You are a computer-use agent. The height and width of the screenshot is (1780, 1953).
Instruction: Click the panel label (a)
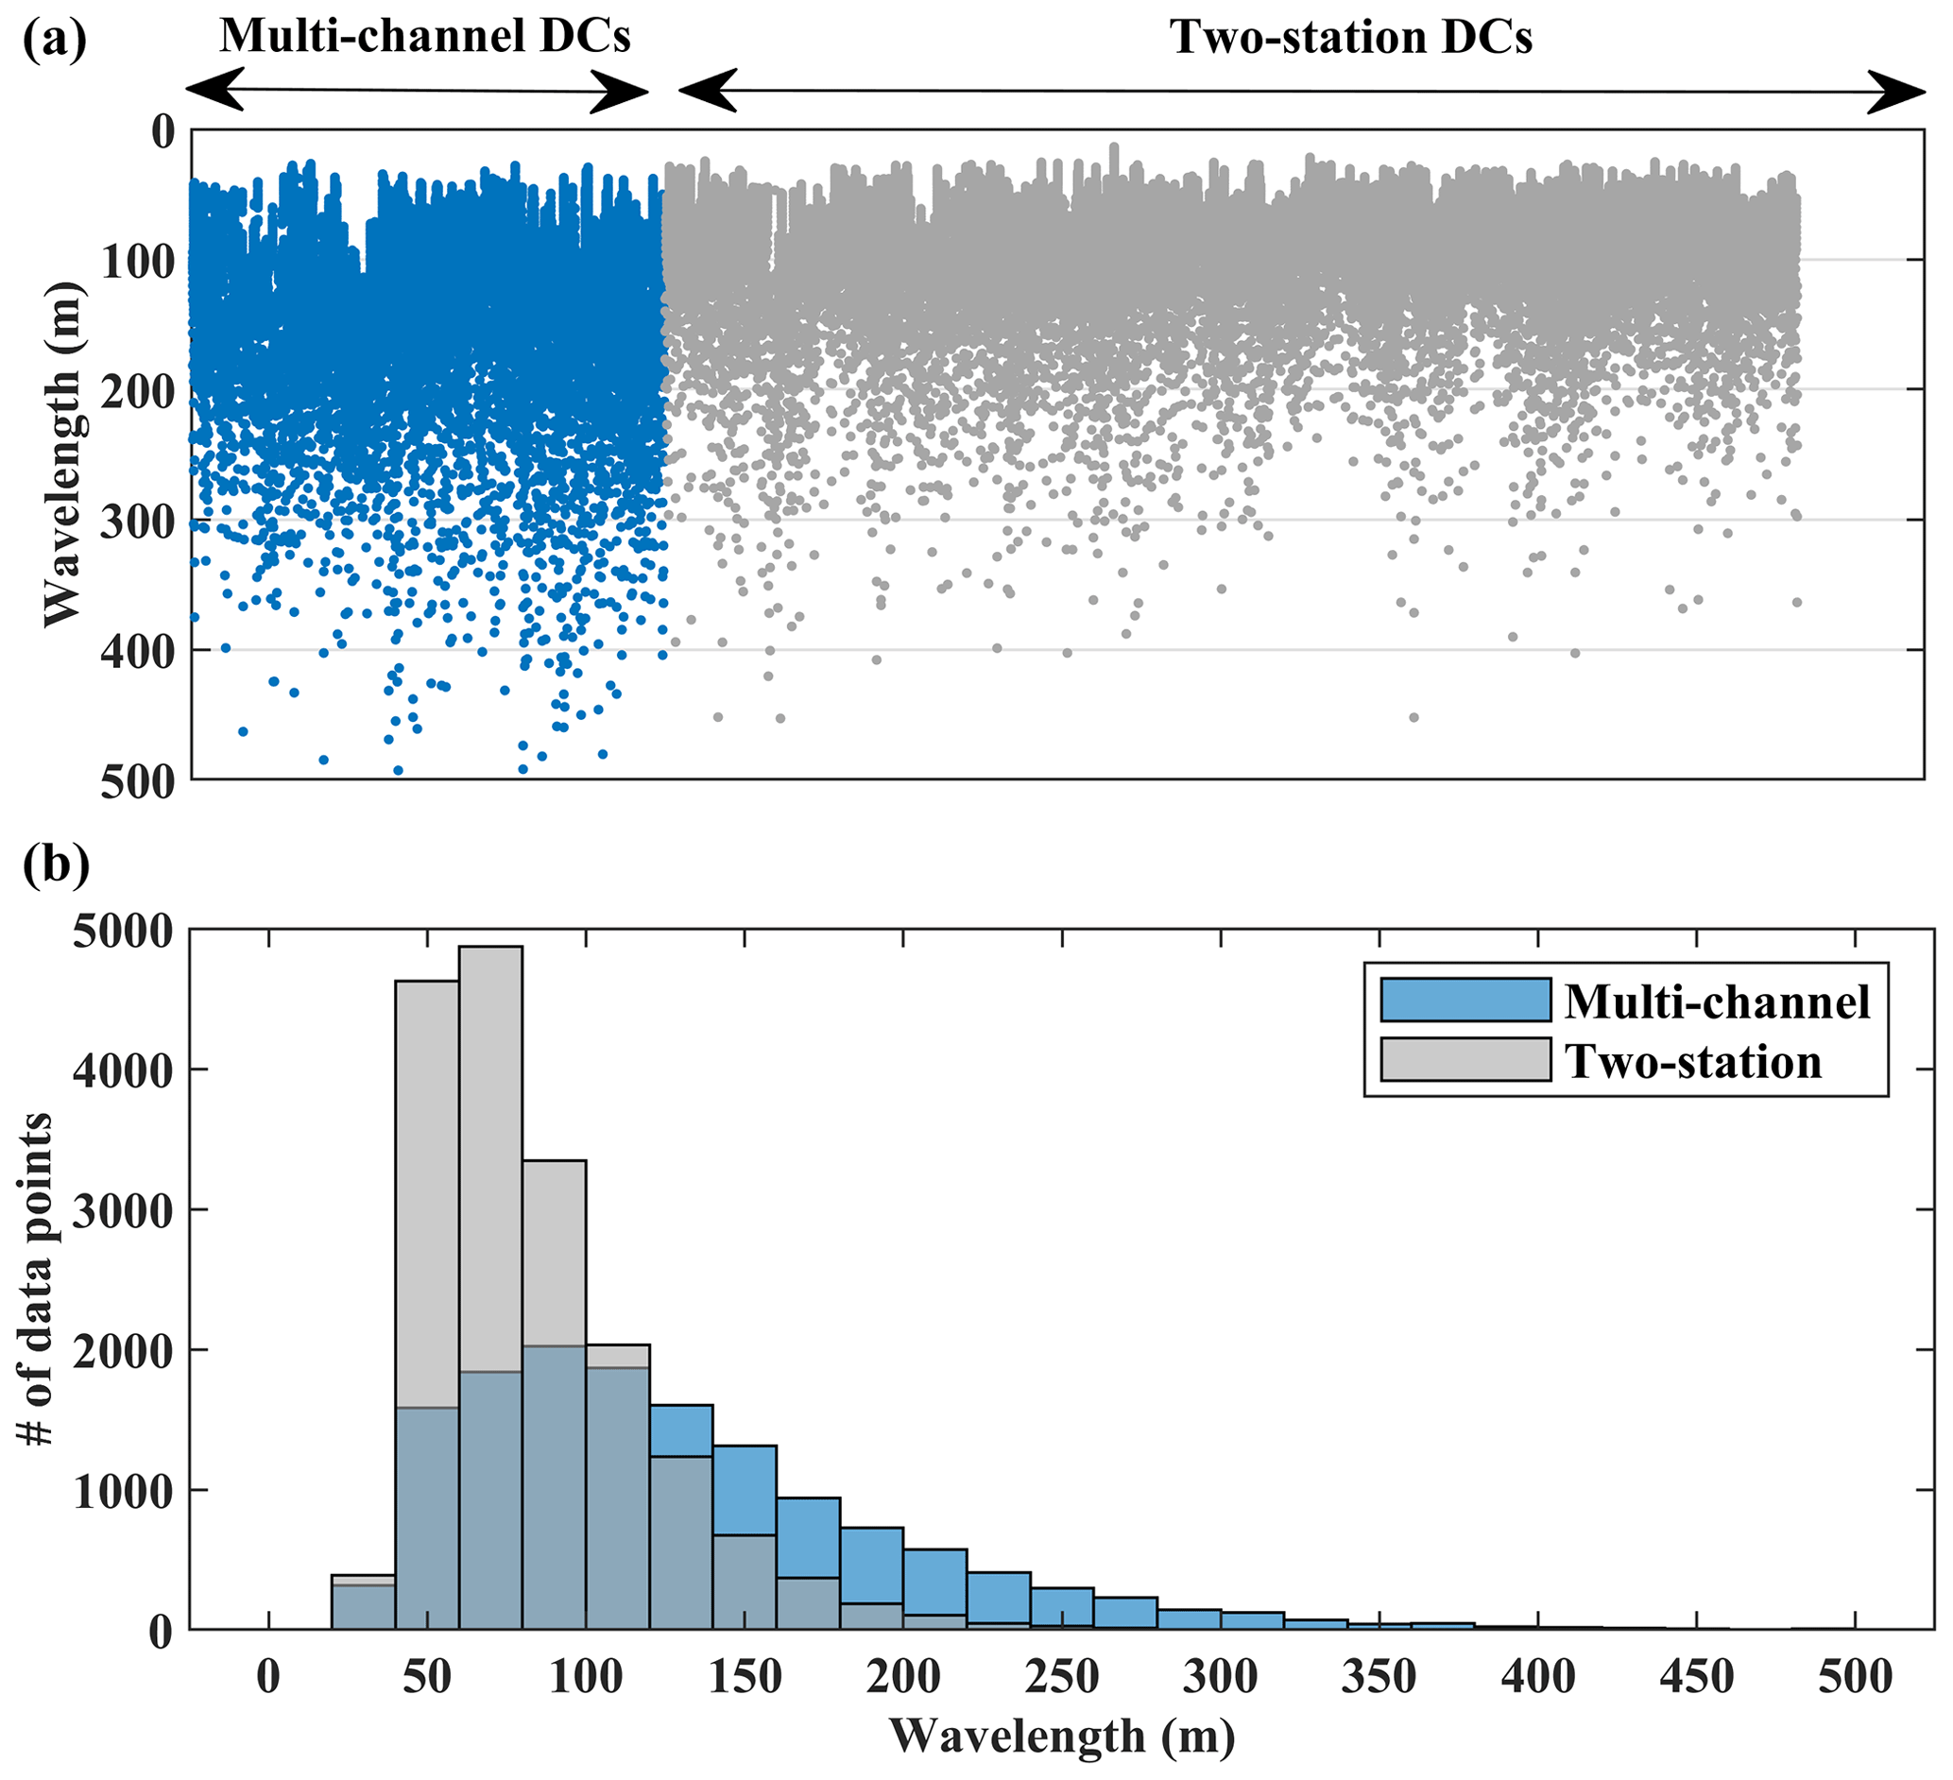[54, 40]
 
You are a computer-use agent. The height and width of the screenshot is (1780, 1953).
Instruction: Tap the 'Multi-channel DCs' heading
[424, 37]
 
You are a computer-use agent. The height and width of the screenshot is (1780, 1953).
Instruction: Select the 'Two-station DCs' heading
[1351, 38]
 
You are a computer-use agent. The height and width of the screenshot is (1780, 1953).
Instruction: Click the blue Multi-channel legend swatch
[1465, 1001]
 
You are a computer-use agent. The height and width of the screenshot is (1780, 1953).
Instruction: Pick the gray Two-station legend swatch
[1465, 1060]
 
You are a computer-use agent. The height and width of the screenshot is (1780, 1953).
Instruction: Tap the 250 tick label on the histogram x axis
[1062, 1676]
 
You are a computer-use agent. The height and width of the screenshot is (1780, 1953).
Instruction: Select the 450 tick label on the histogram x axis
[1696, 1676]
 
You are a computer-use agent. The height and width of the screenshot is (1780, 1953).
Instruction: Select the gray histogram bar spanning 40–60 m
[427, 1191]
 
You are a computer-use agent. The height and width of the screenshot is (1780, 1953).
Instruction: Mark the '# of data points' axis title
[37, 1278]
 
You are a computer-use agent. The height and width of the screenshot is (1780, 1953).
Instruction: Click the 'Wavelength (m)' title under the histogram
[1062, 1737]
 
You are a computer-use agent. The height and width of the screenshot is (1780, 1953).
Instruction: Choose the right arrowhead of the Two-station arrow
[1897, 92]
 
